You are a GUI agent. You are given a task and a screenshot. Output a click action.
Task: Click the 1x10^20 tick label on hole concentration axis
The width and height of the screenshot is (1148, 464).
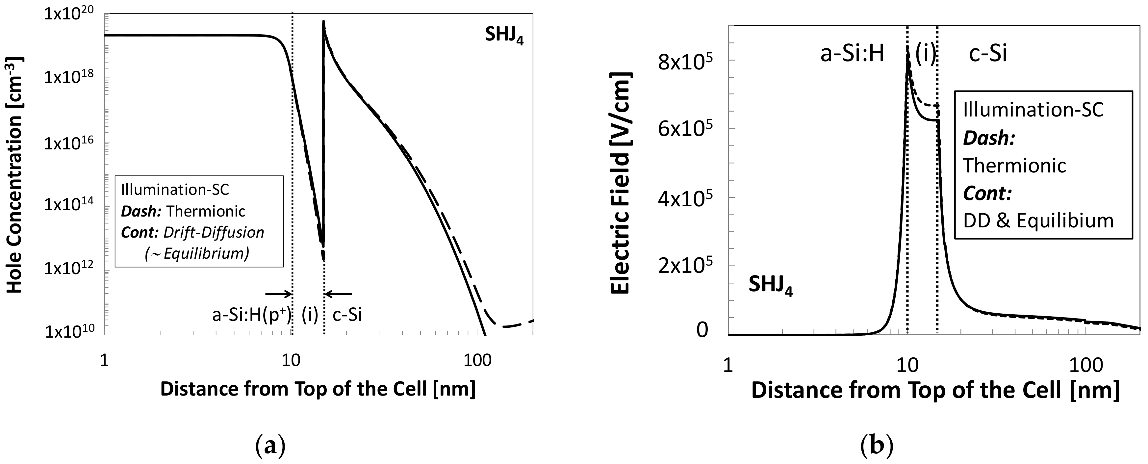pyautogui.click(x=71, y=15)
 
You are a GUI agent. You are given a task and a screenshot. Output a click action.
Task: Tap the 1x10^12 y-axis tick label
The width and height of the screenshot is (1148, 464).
pyautogui.click(x=71, y=271)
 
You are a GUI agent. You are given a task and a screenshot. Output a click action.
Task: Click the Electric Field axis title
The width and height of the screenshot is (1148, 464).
pyautogui.click(x=620, y=183)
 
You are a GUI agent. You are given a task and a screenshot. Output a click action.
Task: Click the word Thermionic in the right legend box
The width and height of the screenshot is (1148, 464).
pyautogui.click(x=1015, y=166)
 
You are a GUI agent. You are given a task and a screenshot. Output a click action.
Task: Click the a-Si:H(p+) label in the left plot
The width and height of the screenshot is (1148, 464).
pyautogui.click(x=251, y=315)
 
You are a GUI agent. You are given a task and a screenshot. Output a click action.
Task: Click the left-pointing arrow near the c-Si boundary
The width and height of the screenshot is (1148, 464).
pyautogui.click(x=339, y=294)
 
